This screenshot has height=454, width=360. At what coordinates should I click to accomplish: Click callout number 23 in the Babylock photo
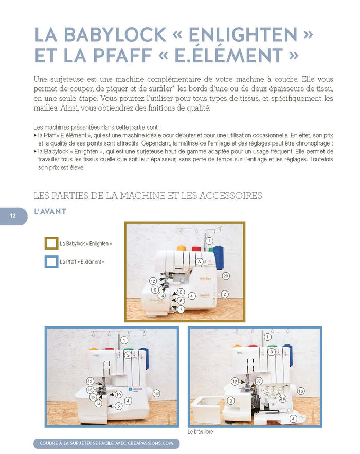click(226, 276)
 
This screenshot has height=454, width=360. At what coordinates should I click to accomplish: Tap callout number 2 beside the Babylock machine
click(225, 294)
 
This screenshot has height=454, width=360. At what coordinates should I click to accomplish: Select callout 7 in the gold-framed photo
click(181, 309)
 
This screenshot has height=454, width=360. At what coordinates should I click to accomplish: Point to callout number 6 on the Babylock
click(181, 301)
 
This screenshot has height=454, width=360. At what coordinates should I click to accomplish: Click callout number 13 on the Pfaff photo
click(90, 390)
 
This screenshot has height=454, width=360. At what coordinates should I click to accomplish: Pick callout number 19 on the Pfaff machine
click(118, 394)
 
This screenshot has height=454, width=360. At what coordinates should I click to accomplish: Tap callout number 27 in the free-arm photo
click(259, 381)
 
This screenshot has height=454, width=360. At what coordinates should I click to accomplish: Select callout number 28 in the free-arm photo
click(282, 398)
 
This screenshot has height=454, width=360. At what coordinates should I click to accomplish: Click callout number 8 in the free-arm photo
click(231, 401)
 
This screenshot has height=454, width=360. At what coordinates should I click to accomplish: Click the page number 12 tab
click(13, 216)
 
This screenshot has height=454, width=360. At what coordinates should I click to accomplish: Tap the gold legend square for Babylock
click(51, 243)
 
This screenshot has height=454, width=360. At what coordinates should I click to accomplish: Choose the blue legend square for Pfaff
click(51, 262)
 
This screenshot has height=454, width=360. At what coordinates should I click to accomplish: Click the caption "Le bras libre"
click(200, 432)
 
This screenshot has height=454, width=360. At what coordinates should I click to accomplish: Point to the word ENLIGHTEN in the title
click(243, 35)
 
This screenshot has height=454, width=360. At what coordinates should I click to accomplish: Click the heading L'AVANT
click(50, 212)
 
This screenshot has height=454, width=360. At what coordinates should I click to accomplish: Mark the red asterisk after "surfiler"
click(173, 86)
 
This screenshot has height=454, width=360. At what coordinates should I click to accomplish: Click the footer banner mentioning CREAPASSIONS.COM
click(106, 443)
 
